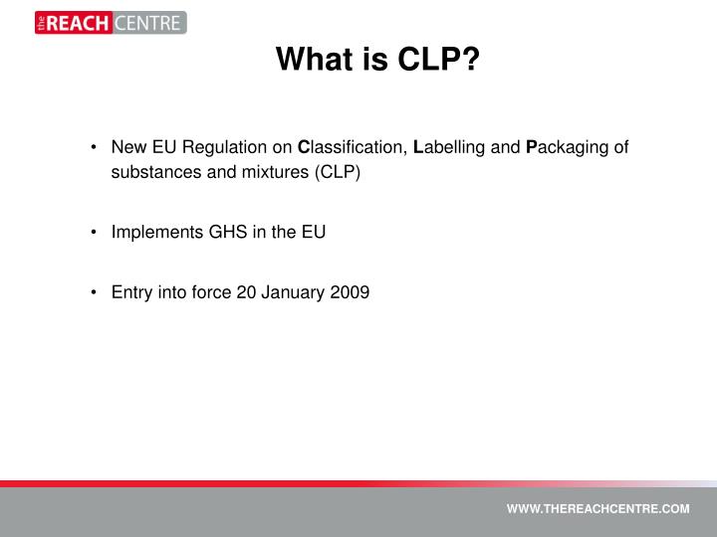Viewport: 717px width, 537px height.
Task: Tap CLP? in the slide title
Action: tap(439, 62)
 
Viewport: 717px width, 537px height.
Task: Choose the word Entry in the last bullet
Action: tap(130, 292)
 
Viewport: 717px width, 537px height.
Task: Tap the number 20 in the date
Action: tap(246, 292)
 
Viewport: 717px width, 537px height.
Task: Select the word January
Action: tap(295, 292)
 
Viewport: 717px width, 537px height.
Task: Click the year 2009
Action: tap(351, 292)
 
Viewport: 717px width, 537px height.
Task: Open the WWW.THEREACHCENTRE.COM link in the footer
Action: tap(597, 508)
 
